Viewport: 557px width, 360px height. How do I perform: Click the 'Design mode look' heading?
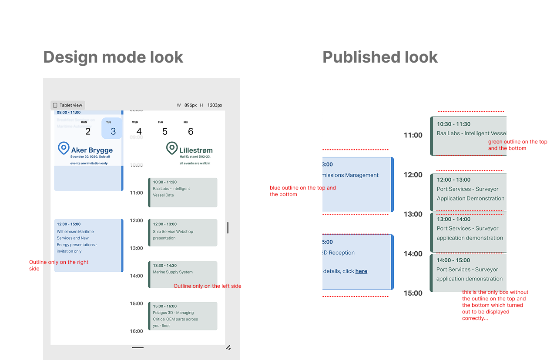113,57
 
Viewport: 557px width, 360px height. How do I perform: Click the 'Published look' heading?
380,57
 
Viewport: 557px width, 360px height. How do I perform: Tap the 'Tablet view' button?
67,105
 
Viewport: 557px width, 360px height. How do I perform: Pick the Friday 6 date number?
191,131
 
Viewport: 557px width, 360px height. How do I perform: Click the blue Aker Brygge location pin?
64,148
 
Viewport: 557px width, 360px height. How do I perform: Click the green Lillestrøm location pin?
172,148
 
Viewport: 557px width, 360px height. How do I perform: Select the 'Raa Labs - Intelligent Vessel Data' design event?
183,192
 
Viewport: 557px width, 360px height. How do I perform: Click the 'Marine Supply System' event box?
183,274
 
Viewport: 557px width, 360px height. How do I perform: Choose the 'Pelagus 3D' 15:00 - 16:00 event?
183,316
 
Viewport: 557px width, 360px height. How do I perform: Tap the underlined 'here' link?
361,271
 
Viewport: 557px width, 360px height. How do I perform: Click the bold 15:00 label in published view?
413,293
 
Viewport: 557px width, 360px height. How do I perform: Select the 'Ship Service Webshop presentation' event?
183,233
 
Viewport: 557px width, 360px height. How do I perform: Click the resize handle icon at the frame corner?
228,347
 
